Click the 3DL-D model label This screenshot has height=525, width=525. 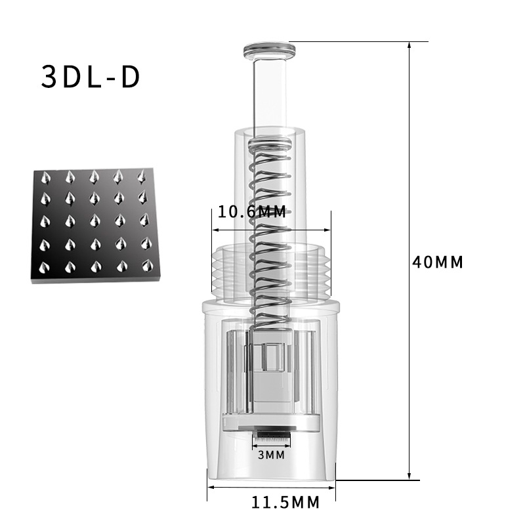[91, 77]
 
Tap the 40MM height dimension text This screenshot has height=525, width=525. [438, 262]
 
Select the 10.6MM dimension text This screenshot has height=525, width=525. [252, 211]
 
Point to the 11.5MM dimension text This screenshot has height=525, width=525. [285, 503]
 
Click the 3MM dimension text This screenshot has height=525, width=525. [272, 455]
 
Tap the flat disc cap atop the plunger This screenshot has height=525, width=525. [270, 51]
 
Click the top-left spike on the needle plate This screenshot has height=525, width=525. [45, 178]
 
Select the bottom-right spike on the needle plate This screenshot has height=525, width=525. [147, 265]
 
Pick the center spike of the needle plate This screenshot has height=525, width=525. [94, 220]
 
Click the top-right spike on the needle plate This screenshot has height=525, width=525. [142, 177]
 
